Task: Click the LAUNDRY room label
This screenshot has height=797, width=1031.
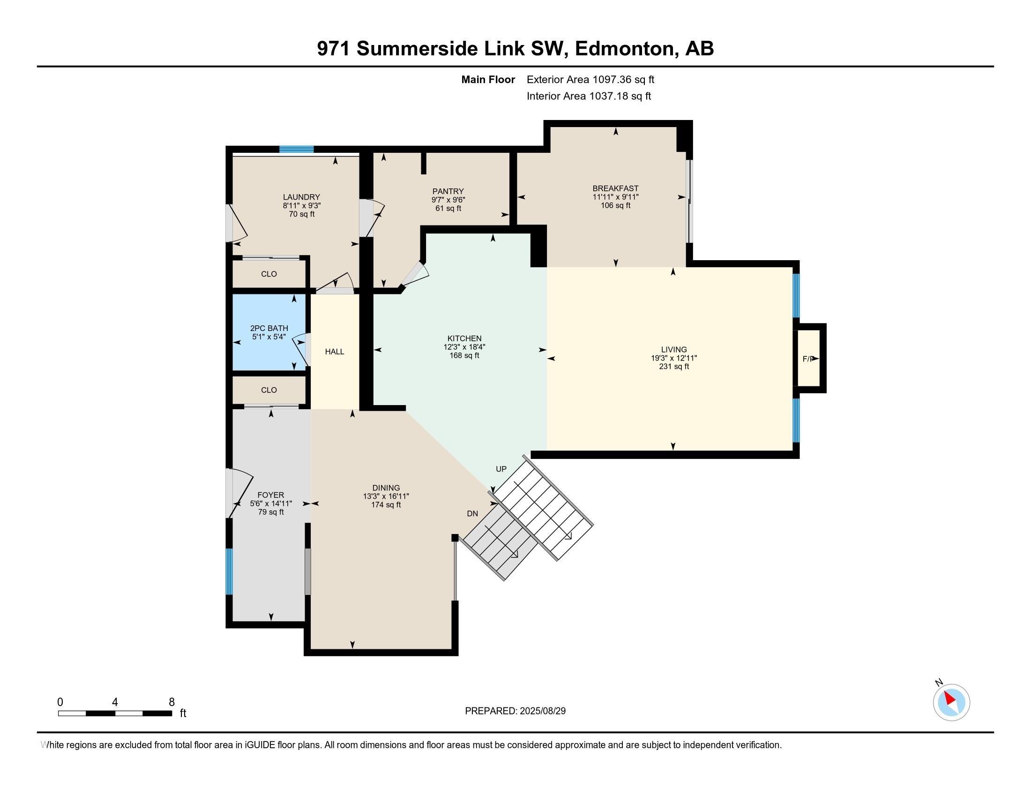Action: tap(301, 197)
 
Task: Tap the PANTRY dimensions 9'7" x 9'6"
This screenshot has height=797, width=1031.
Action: tap(448, 200)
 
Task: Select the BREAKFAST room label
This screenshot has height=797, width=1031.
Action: tap(615, 188)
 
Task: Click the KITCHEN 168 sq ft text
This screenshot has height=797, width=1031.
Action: tap(464, 355)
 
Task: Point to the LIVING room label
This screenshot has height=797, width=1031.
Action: tap(673, 349)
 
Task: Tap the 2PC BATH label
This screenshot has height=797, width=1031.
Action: tap(269, 328)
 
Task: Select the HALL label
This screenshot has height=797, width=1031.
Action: tap(334, 352)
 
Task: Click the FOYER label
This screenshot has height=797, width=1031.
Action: tap(270, 495)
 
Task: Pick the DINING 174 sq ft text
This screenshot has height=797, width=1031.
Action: tap(386, 505)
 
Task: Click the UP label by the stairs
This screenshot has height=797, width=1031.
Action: tap(501, 469)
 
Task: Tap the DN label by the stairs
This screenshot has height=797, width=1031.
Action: tap(472, 514)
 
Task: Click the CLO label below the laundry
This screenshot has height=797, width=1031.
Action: tap(269, 274)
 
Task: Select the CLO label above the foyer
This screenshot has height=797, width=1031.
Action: tap(269, 390)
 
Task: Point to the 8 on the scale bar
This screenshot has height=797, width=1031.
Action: tap(172, 702)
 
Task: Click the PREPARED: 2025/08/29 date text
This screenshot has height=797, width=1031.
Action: tap(515, 711)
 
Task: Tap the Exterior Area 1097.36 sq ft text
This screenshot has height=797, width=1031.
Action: tap(590, 80)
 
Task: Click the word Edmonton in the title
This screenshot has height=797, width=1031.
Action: tap(624, 49)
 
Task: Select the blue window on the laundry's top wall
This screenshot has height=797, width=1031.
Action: tap(297, 150)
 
